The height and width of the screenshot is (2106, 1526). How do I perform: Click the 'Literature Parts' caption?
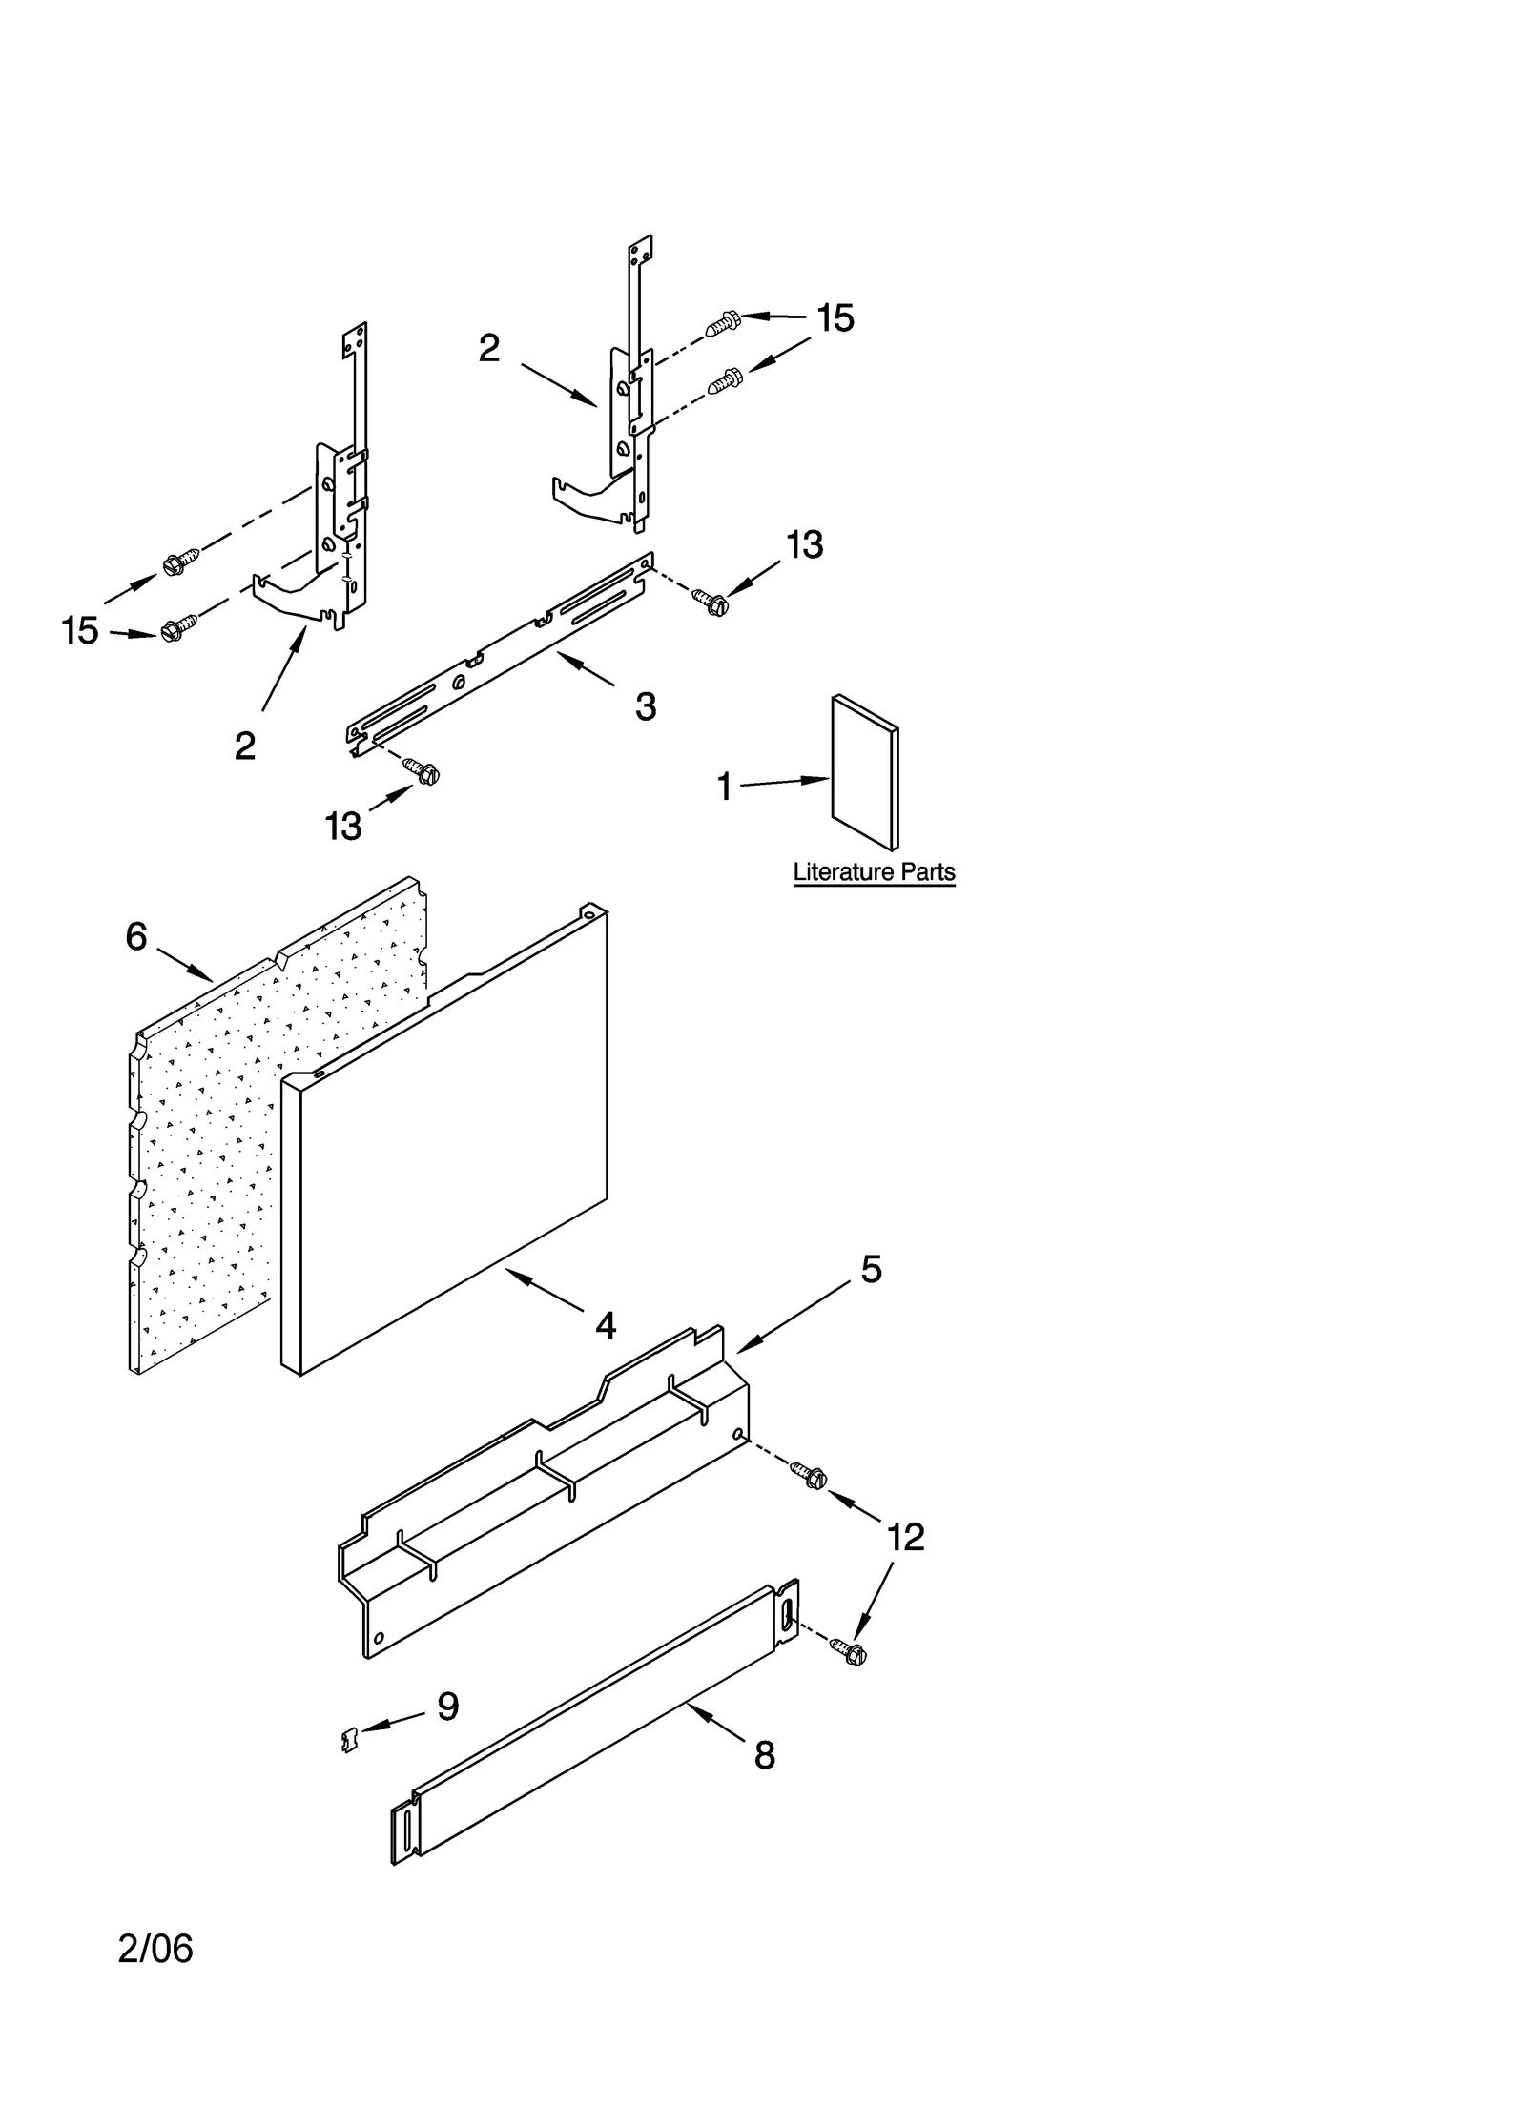point(874,871)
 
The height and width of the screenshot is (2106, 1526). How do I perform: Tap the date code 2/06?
point(155,1949)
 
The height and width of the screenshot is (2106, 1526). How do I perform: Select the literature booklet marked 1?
point(864,771)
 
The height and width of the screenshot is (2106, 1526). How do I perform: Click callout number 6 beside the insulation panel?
point(136,936)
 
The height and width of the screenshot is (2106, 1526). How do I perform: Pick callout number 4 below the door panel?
point(606,1325)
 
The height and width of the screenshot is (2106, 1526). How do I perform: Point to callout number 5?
point(871,1269)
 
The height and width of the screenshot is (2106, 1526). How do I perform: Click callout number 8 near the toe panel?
point(764,1755)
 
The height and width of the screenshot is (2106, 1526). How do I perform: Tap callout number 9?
point(448,1706)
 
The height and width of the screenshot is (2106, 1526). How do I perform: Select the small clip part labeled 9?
point(349,1741)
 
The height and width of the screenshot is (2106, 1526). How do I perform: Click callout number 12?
point(905,1537)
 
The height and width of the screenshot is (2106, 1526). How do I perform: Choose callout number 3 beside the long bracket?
point(646,706)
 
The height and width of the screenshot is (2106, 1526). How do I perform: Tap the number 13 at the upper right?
point(804,544)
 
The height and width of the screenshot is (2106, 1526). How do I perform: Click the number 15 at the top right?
point(835,318)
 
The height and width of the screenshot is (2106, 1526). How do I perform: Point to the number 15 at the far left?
point(80,630)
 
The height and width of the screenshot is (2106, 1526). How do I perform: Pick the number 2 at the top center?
point(488,348)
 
